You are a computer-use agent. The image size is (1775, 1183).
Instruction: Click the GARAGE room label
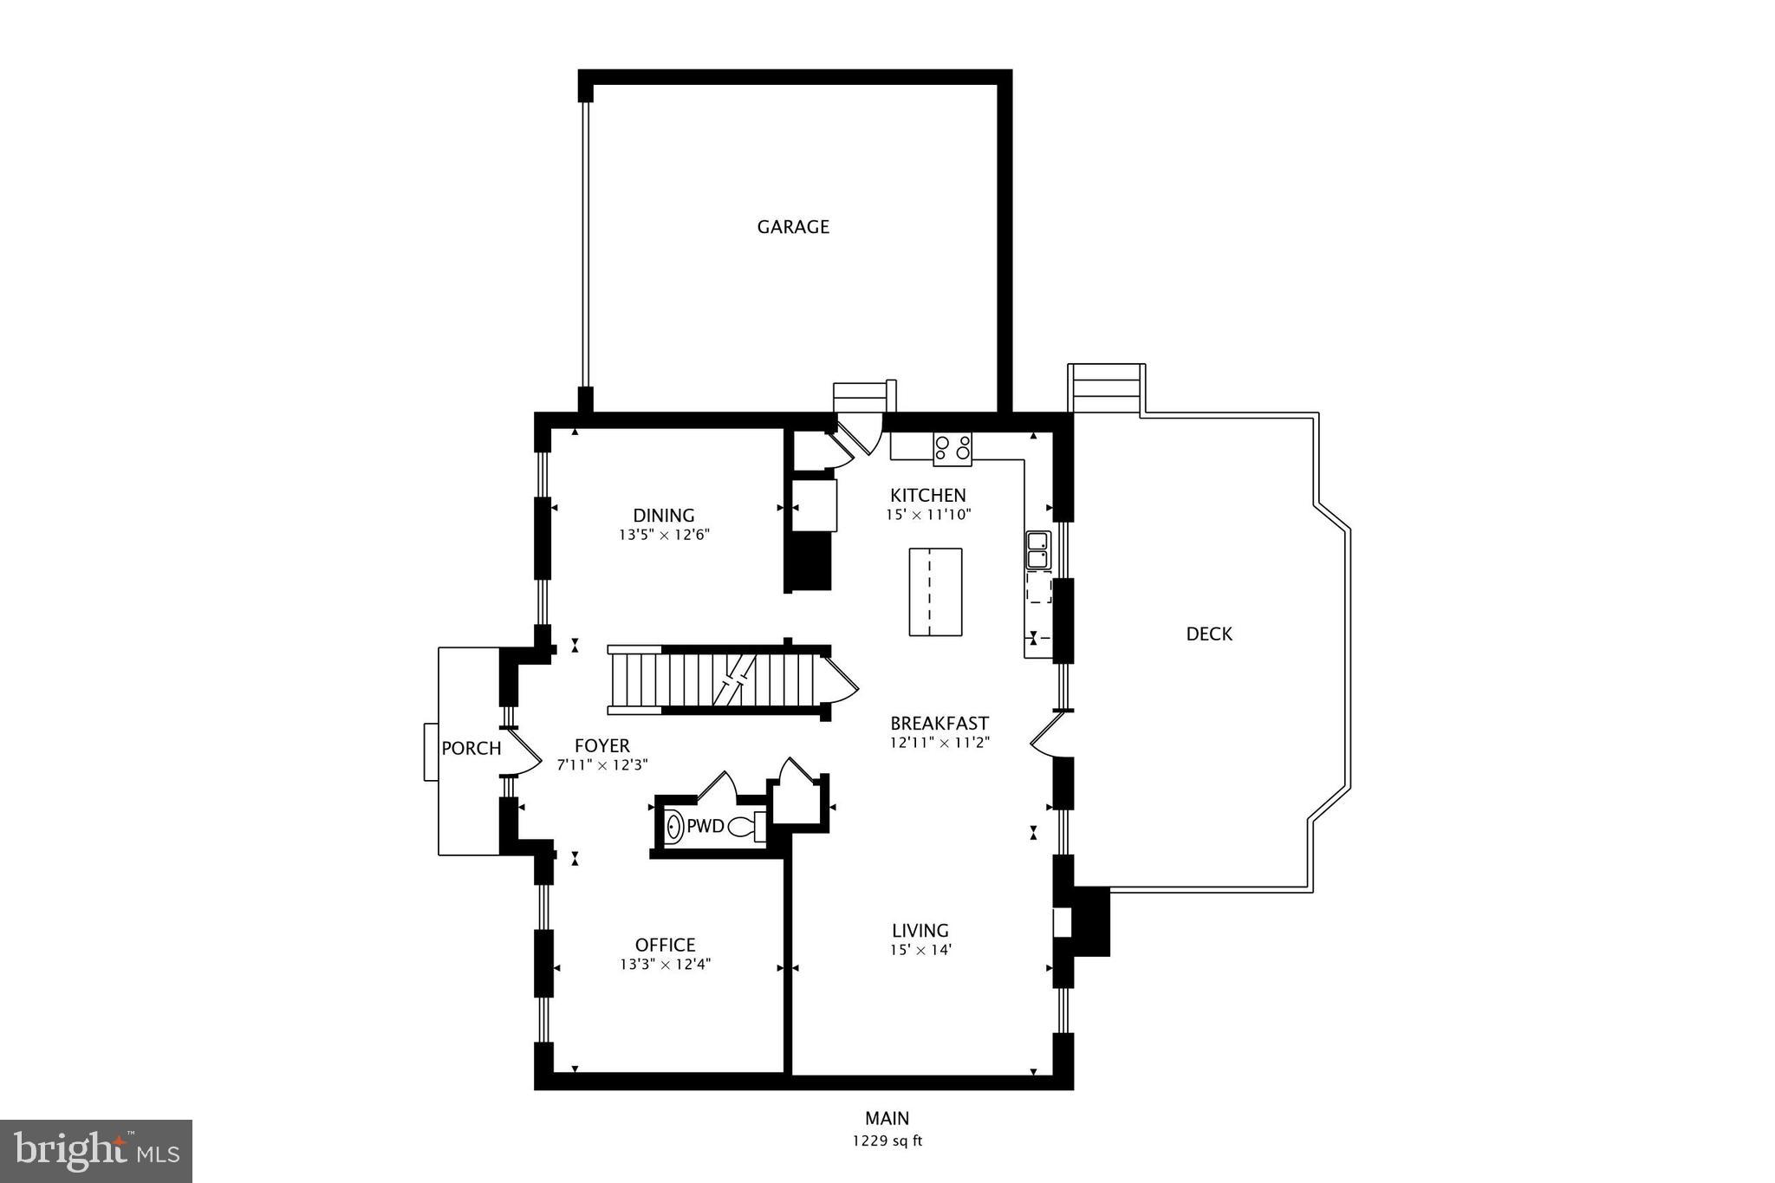[793, 227]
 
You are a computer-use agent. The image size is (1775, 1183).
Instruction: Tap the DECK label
[1209, 634]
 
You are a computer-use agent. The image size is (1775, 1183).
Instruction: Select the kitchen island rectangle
[935, 592]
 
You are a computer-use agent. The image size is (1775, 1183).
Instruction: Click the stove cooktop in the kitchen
[952, 448]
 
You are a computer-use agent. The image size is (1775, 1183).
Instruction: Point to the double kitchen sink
[1037, 549]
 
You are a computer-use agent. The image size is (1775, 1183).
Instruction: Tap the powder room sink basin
[674, 827]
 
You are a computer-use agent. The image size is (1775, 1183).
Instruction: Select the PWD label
[705, 827]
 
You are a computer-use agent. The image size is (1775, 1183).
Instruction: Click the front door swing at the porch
[522, 751]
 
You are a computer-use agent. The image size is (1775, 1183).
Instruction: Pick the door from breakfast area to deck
[1047, 735]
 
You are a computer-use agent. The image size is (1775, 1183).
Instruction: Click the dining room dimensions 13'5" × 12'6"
[664, 536]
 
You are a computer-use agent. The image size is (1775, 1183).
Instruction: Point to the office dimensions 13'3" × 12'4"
[665, 965]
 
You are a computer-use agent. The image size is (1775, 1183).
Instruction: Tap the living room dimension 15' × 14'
[920, 950]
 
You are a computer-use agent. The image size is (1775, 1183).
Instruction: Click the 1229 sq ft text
[887, 1141]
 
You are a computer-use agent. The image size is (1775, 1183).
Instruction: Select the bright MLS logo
[96, 1151]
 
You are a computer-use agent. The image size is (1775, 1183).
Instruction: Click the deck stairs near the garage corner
[1105, 387]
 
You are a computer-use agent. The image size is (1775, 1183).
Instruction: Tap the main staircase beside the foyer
[715, 680]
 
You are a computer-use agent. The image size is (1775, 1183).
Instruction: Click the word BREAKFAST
[940, 724]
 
